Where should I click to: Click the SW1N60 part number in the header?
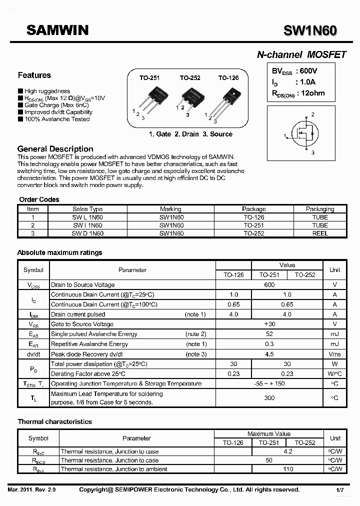(x=310, y=31)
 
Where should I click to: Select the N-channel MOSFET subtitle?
(x=301, y=55)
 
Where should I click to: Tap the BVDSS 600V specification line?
(x=295, y=71)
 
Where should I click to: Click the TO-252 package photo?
(x=190, y=96)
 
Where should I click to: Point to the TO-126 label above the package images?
(x=228, y=78)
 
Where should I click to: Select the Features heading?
(x=34, y=75)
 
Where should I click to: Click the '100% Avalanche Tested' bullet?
(x=56, y=119)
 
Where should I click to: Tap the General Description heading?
(x=55, y=149)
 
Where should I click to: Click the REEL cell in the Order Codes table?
(x=320, y=233)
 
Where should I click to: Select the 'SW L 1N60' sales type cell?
(x=87, y=217)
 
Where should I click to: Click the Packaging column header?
(x=320, y=209)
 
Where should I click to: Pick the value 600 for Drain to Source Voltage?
(x=269, y=284)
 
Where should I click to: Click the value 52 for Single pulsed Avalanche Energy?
(x=269, y=334)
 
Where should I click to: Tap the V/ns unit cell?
(x=334, y=354)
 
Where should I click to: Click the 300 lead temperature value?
(x=269, y=398)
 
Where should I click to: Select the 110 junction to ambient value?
(x=288, y=469)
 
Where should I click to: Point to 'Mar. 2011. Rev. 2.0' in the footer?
(x=31, y=490)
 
